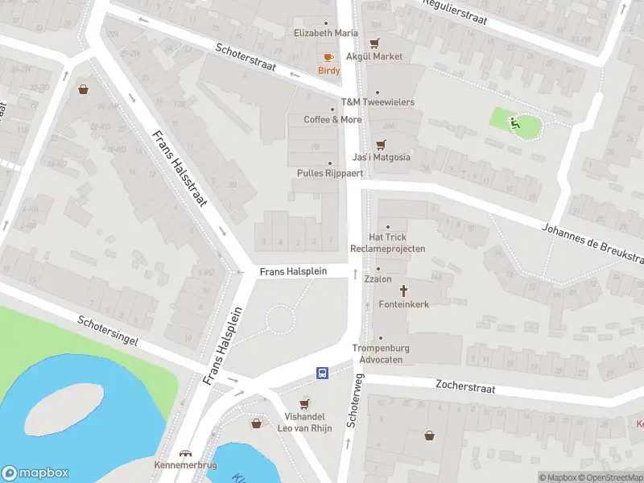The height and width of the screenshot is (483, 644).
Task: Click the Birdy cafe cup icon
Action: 328,57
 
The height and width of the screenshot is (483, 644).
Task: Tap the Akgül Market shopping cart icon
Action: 374,43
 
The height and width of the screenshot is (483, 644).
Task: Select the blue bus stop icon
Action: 322,373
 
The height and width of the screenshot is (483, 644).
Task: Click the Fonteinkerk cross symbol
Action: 403,291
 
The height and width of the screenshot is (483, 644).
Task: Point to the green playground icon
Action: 514,122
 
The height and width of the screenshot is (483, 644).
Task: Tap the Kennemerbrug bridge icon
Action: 186,453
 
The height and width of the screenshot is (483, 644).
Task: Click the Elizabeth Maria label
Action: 325,34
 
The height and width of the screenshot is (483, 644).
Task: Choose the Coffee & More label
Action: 332,119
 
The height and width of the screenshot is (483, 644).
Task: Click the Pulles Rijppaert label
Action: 330,173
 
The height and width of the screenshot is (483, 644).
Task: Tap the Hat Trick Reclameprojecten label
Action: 388,242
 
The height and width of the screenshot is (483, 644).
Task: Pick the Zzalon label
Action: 378,279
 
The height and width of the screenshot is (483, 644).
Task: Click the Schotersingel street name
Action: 108,331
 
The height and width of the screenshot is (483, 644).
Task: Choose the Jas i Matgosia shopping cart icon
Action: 382,144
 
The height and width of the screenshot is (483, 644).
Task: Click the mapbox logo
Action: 35,473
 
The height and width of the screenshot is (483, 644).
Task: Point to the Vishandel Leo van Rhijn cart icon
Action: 304,404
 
